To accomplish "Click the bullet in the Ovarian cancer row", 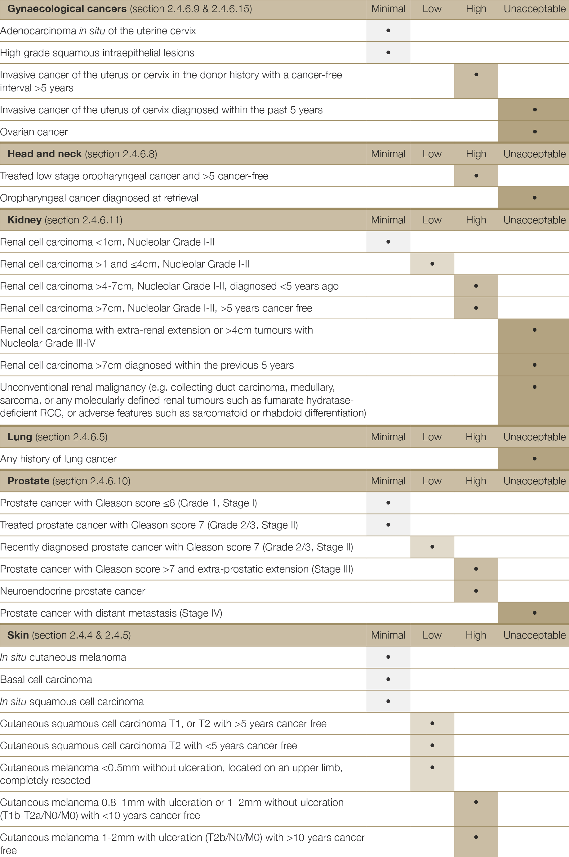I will click(x=535, y=132).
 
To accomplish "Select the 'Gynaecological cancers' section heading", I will click(x=67, y=9).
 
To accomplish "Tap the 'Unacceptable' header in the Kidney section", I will click(x=534, y=220).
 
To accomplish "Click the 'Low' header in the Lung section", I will click(x=432, y=437).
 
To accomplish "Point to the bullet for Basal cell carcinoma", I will click(x=388, y=679).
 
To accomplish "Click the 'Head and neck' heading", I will click(x=44, y=154).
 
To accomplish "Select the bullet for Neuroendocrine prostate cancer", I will click(x=476, y=591).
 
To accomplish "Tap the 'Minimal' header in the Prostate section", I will click(x=388, y=481).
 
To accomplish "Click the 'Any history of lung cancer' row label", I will click(x=58, y=459).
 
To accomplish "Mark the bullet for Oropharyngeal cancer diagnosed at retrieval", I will click(x=535, y=198).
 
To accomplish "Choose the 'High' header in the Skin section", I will click(x=476, y=635).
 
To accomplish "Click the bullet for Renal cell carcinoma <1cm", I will click(x=388, y=242).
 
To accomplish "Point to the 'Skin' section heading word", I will click(x=18, y=635).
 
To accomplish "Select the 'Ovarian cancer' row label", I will click(x=34, y=132).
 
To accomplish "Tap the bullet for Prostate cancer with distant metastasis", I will click(x=535, y=613).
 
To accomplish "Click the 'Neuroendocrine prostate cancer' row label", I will click(x=73, y=591).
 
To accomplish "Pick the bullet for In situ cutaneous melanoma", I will click(x=388, y=657).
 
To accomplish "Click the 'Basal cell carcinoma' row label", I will click(x=46, y=680).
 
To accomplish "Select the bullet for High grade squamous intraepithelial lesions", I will click(x=388, y=53).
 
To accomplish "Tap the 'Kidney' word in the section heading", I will click(x=24, y=220).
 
